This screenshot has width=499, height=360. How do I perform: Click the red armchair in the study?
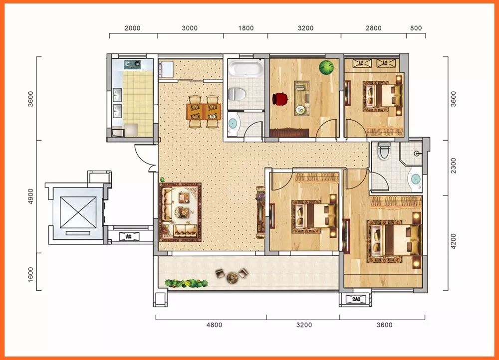coord(280,99)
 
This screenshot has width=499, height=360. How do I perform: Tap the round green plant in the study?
coord(326,67)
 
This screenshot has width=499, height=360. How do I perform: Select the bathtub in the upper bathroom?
coord(246,69)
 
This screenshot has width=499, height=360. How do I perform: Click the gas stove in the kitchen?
coord(132,64)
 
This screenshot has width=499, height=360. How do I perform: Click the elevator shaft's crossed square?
coord(78,212)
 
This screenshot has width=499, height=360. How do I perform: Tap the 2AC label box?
coord(356,299)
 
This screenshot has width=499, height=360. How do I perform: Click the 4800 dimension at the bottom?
coord(214,325)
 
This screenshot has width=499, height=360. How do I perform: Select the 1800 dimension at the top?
coord(246,28)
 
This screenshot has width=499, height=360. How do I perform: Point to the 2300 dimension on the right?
coord(453,166)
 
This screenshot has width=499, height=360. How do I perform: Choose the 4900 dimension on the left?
coord(30,196)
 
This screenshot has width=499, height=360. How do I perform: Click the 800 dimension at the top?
coord(416,28)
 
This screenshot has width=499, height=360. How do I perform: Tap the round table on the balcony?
coord(232,278)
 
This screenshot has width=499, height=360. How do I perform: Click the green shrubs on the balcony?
coord(187,283)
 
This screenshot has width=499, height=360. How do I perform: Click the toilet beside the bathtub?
coord(237,94)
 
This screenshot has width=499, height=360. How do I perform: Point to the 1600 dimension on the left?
coord(30,274)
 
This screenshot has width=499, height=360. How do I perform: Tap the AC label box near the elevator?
coord(129,236)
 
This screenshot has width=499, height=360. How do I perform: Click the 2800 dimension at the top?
coord(374,28)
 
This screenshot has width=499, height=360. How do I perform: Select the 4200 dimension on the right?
coord(453,241)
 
